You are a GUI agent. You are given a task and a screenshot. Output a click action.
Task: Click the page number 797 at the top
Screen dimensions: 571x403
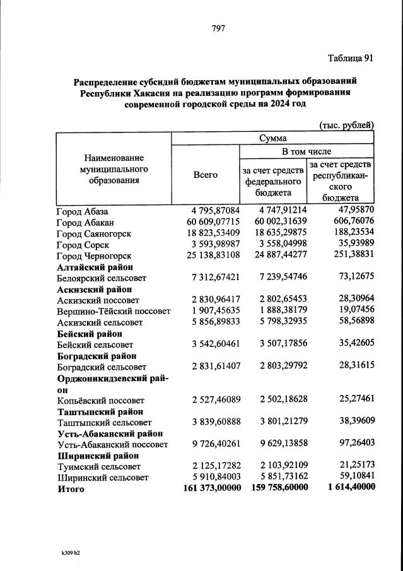218,28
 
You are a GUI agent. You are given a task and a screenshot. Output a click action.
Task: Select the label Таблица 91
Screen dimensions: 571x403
351,58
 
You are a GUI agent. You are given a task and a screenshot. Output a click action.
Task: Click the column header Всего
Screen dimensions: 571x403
205,175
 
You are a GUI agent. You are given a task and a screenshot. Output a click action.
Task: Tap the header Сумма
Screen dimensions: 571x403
272,138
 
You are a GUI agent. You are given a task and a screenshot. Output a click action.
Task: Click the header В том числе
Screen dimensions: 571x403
306,151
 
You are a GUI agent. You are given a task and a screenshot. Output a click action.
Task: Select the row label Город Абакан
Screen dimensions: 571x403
85,222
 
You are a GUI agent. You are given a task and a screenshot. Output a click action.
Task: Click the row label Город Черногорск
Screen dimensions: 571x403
94,256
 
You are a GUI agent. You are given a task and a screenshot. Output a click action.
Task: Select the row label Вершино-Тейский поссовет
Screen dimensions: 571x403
114,311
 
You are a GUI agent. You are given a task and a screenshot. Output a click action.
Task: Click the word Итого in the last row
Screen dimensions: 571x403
70,489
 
